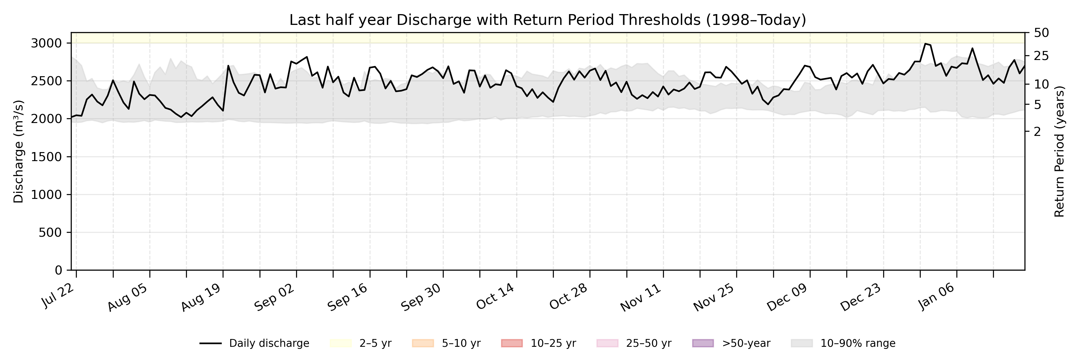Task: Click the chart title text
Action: (x=547, y=20)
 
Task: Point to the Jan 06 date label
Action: (x=937, y=297)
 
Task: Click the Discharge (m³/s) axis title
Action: (x=18, y=151)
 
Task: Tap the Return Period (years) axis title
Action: (x=1060, y=151)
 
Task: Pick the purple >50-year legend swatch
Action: (x=703, y=343)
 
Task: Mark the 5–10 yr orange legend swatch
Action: (x=423, y=343)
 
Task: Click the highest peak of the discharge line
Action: (x=925, y=43)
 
